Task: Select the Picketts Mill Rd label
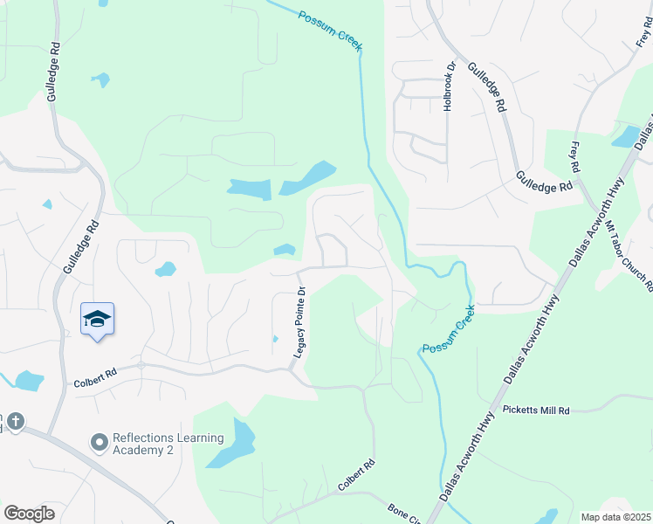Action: (x=536, y=410)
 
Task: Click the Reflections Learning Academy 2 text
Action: (x=168, y=444)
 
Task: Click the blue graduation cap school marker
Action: (x=97, y=321)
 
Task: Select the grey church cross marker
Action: (x=15, y=423)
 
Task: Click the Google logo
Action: (x=29, y=514)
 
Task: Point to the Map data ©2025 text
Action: (x=615, y=517)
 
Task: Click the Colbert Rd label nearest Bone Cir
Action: (x=357, y=474)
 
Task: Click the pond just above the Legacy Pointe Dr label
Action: (x=285, y=250)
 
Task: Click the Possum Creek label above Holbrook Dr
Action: (x=330, y=30)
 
